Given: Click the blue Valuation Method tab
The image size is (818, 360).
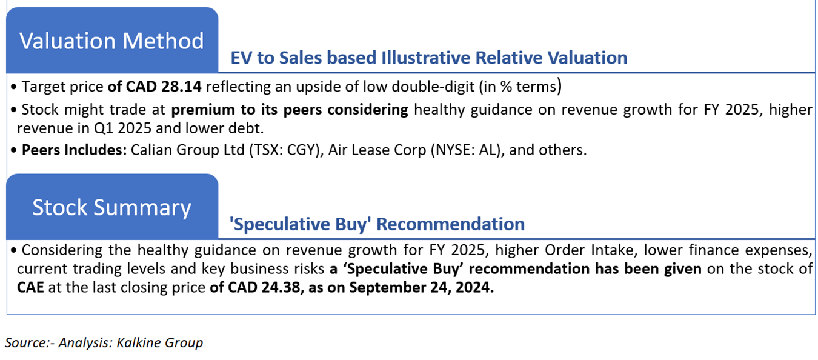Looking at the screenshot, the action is [112, 40].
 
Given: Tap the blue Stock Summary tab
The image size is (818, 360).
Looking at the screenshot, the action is [112, 207].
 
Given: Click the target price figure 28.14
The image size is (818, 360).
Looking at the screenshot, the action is [182, 87].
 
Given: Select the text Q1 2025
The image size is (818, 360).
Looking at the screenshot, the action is [123, 128].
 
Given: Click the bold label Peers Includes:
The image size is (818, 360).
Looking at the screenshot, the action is [74, 150].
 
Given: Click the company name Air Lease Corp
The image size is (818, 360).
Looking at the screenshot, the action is [377, 150].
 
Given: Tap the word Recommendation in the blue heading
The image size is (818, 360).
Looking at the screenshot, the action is [451, 224].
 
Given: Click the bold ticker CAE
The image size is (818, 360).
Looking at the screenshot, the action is [30, 287].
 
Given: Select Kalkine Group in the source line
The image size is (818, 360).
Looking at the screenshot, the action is [159, 342].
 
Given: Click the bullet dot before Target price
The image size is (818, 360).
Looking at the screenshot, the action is [14, 87].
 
